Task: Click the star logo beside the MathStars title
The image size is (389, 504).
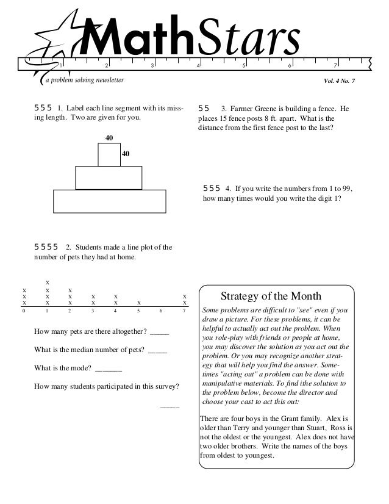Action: pyautogui.click(x=59, y=37)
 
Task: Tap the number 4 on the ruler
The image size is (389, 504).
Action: pyautogui.click(x=198, y=65)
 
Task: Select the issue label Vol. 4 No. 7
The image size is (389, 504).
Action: pyautogui.click(x=343, y=81)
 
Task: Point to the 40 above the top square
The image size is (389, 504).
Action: pyautogui.click(x=109, y=139)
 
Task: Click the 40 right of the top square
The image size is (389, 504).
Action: pyautogui.click(x=126, y=154)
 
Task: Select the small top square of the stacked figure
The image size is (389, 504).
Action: pyautogui.click(x=109, y=154)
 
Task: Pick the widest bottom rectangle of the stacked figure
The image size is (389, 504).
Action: pyautogui.click(x=109, y=201)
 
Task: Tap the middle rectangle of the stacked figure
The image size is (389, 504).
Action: pyautogui.click(x=109, y=178)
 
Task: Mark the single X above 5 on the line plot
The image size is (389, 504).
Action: pyautogui.click(x=138, y=302)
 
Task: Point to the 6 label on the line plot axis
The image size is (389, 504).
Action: pyautogui.click(x=161, y=311)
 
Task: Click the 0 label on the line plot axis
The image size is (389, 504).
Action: pyautogui.click(x=24, y=311)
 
